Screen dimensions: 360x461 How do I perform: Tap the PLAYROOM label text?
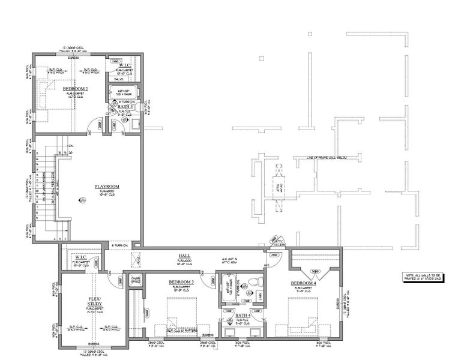[107, 187]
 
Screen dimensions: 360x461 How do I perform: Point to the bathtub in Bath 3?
[123, 94]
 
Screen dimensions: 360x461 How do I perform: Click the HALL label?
[184, 256]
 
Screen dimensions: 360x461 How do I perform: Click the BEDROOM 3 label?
[181, 281]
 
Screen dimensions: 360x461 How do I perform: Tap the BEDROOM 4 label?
[304, 283]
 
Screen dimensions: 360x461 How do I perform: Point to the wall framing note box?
[423, 277]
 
